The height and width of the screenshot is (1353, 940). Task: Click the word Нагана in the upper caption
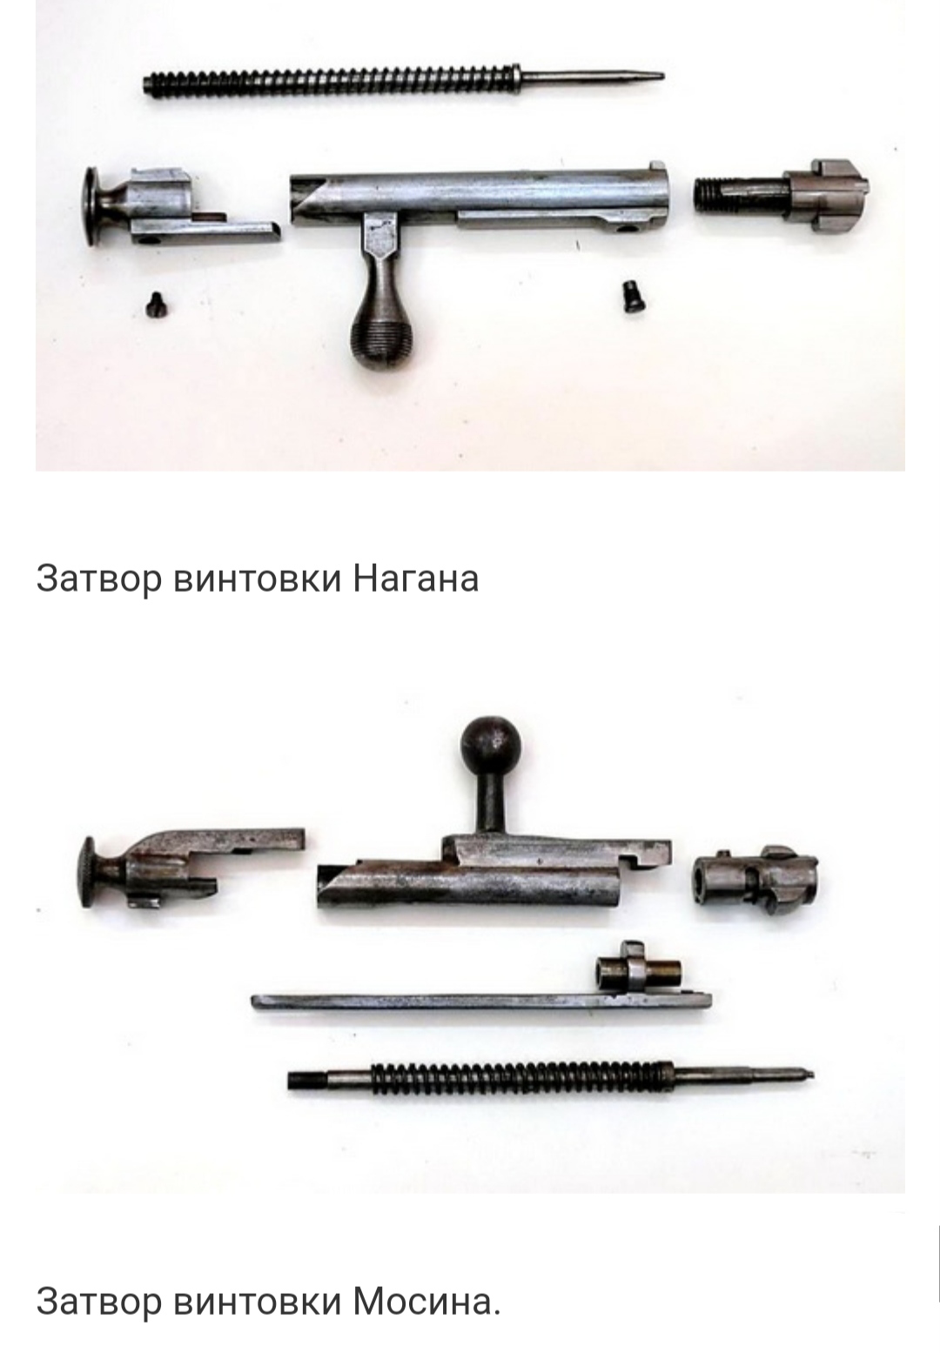[416, 578]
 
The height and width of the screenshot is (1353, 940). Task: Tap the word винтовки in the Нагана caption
[257, 578]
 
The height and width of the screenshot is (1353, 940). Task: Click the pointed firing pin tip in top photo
[661, 77]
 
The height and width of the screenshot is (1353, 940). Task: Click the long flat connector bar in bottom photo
[480, 1002]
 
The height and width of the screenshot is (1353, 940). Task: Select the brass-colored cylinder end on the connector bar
[668, 972]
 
